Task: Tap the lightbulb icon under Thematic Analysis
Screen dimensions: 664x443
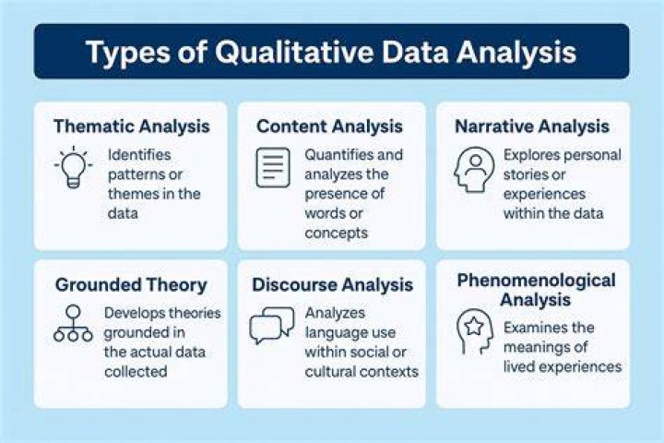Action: [73, 167]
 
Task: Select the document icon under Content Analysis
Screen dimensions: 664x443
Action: [273, 167]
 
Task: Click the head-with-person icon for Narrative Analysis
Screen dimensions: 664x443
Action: [474, 170]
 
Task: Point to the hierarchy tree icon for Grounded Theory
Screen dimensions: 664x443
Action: [73, 323]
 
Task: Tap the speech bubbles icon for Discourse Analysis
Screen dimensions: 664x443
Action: [272, 326]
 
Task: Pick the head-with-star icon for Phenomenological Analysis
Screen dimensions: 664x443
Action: [475, 331]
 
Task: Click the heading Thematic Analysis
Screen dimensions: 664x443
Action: [132, 126]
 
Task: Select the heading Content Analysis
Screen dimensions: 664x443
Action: [329, 126]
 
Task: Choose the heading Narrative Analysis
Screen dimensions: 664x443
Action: [532, 126]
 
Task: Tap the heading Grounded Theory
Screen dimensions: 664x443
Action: [131, 285]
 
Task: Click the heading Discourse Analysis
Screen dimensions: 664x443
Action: [332, 285]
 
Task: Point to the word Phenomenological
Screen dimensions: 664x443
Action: [536, 281]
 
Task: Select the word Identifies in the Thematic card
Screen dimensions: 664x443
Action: [139, 155]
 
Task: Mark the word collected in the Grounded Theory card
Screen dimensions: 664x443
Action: [136, 372]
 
